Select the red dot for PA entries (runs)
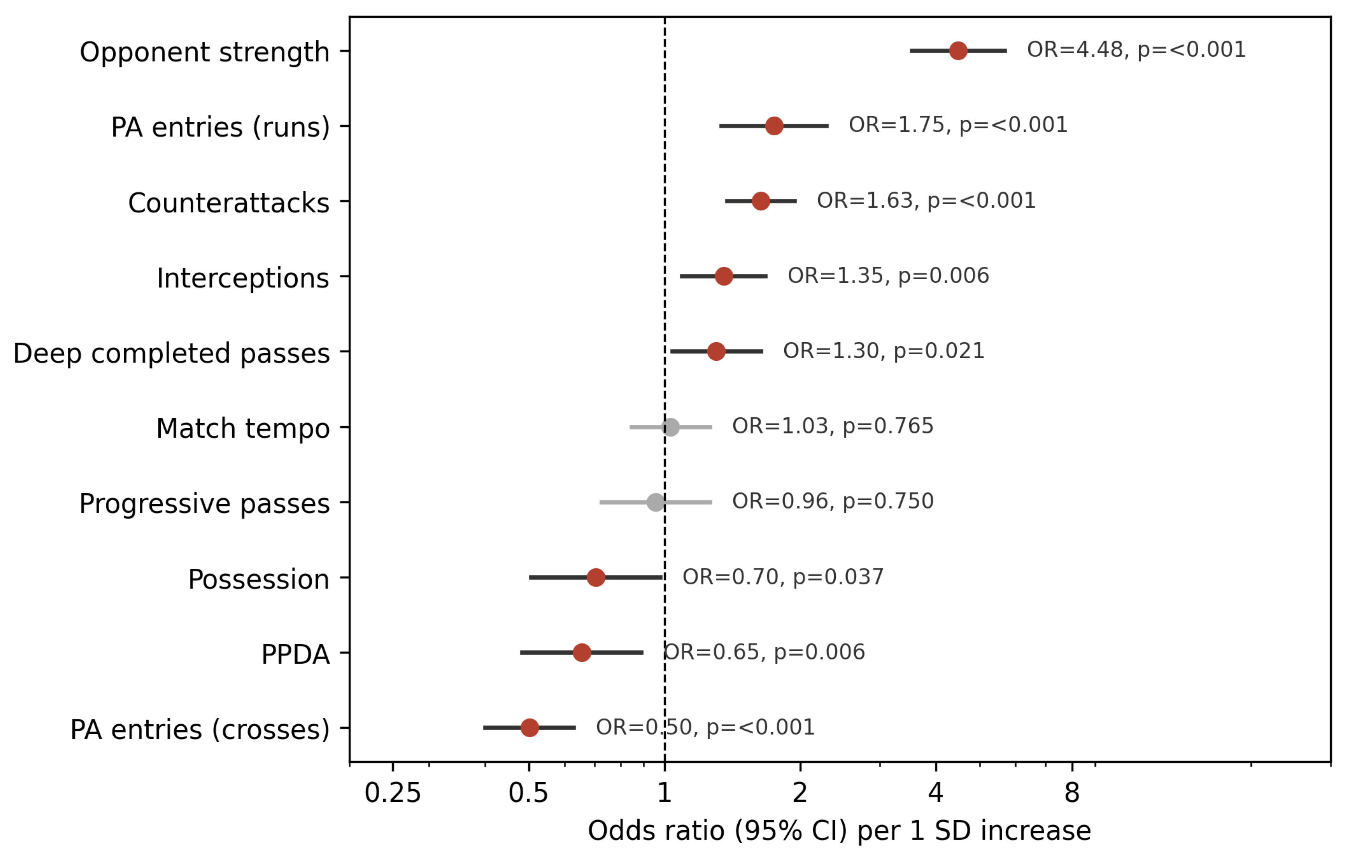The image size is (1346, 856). (773, 126)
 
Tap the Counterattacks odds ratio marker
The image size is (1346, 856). (760, 200)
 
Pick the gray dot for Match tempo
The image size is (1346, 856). (671, 427)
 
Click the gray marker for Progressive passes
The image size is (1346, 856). (655, 502)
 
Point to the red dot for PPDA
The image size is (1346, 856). (582, 652)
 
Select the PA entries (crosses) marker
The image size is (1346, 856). (529, 727)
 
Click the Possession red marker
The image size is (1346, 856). (596, 577)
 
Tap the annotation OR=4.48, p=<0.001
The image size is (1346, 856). (1136, 50)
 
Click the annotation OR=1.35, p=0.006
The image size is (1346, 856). (888, 276)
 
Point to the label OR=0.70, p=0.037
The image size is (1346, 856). (783, 577)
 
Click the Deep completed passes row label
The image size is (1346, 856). (172, 353)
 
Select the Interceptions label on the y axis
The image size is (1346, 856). (243, 278)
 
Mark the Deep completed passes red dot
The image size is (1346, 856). (716, 351)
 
